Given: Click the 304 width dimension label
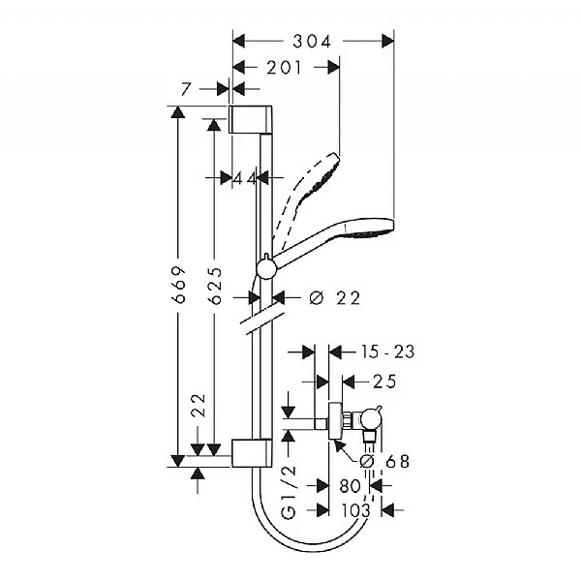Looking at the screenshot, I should coord(313,41).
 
